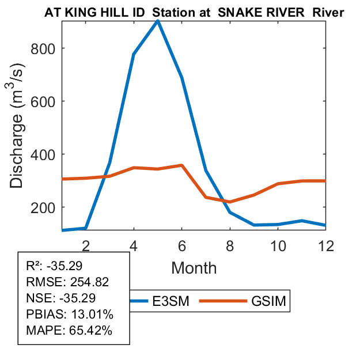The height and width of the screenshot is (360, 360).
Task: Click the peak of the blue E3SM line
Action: (158, 21)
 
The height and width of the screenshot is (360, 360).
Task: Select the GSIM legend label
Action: (269, 301)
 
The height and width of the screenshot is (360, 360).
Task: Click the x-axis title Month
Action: (194, 267)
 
